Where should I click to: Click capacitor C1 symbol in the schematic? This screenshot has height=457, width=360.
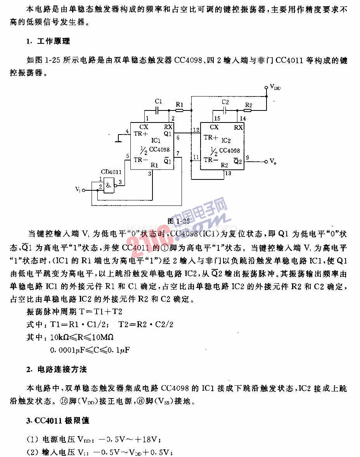click(x=157, y=110)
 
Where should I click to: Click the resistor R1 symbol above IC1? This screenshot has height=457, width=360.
click(x=179, y=110)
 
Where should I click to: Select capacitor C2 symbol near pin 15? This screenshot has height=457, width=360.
click(x=225, y=110)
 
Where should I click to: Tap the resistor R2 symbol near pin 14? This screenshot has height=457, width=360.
click(x=248, y=110)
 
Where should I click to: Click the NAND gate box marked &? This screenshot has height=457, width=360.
click(x=109, y=185)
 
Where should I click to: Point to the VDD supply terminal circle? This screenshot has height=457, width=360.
click(x=266, y=87)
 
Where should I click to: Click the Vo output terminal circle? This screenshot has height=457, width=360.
click(x=266, y=162)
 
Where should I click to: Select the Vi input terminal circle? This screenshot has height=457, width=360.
click(x=83, y=190)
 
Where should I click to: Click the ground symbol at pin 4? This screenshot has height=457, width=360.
click(x=119, y=138)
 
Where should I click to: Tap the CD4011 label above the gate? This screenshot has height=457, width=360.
click(x=111, y=172)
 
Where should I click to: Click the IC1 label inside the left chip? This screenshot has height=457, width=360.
click(x=156, y=140)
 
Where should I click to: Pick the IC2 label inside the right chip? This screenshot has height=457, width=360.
click(x=226, y=140)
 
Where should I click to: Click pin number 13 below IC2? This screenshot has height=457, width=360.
click(x=228, y=173)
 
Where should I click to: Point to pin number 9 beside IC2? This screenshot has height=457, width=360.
click(x=247, y=158)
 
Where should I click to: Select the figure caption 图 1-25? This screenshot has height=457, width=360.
click(x=178, y=221)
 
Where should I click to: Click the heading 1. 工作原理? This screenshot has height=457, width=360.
click(x=48, y=41)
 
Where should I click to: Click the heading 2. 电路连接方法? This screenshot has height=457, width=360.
click(x=56, y=369)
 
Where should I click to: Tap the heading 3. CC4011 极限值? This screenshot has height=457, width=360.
click(x=58, y=421)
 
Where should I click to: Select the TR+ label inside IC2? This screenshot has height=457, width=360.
click(x=211, y=137)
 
